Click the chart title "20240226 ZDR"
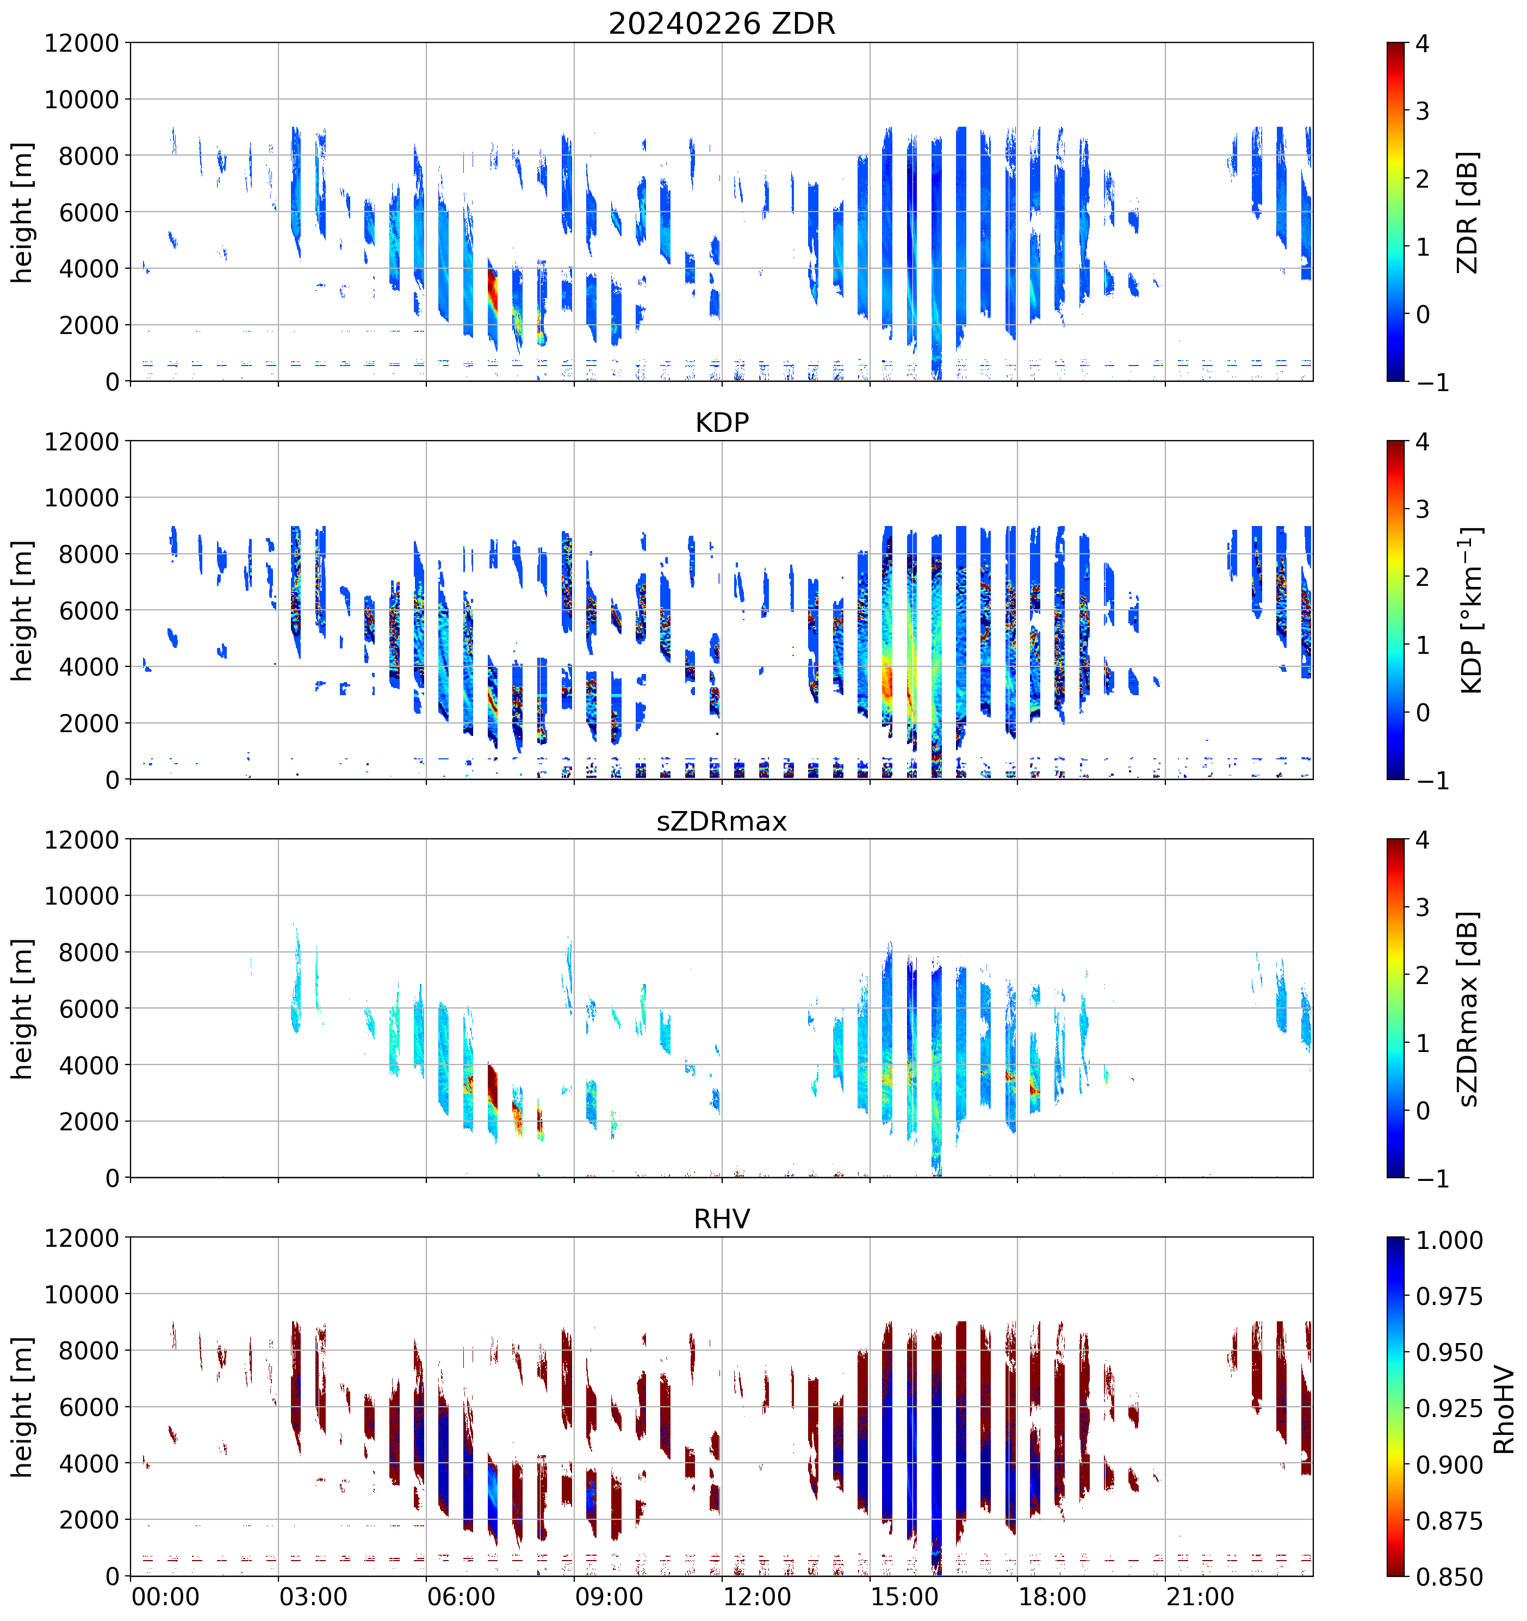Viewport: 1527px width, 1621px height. point(722,23)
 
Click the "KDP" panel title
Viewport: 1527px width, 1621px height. point(722,422)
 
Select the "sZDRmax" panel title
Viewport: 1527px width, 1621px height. point(722,821)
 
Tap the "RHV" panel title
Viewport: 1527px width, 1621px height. point(722,1219)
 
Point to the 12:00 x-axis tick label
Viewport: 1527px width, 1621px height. point(756,1596)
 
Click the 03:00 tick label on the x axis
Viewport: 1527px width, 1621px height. point(313,1596)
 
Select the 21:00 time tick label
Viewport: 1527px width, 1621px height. point(1200,1596)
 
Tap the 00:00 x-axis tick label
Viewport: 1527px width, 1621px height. point(165,1596)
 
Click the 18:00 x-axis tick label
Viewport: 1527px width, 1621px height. point(1052,1596)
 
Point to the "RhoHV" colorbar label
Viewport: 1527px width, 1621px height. point(1504,1410)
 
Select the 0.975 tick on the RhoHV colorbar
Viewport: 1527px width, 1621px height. point(1449,1296)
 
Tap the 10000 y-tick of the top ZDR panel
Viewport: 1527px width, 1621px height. point(82,100)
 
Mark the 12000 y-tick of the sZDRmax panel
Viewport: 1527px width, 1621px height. point(82,840)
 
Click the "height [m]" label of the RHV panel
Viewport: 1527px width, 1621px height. point(22,1407)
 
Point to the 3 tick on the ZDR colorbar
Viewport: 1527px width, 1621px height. point(1423,111)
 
